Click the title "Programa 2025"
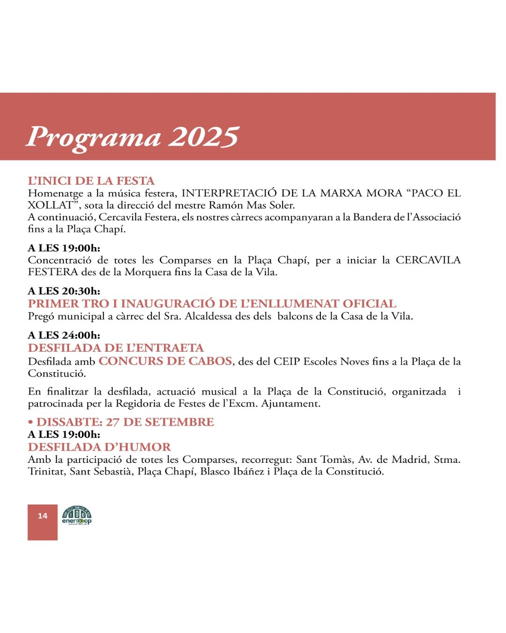[x=133, y=137]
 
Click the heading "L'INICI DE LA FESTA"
[x=91, y=181]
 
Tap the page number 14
[x=43, y=516]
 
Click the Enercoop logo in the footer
[x=77, y=516]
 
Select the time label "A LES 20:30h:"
[x=64, y=291]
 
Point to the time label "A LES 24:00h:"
[x=64, y=335]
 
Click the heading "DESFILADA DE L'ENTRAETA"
[x=116, y=348]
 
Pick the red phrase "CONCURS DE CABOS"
[x=165, y=361]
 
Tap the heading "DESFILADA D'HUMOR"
[x=99, y=447]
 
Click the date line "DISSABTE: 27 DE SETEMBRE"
[x=125, y=422]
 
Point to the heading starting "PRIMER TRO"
[x=212, y=304]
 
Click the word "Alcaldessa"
[x=208, y=316]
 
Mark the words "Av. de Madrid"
[x=393, y=460]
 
